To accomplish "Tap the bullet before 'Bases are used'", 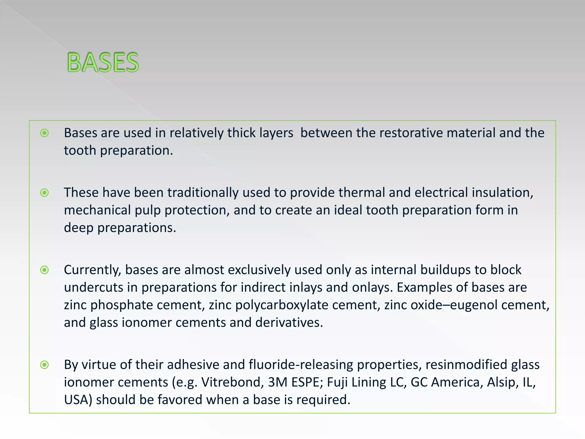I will pos(45,133).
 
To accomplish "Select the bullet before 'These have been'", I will pos(45,193).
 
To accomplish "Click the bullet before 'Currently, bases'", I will pos(45,270).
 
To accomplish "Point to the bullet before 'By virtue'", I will pos(45,365).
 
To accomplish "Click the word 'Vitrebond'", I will pos(233,382).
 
